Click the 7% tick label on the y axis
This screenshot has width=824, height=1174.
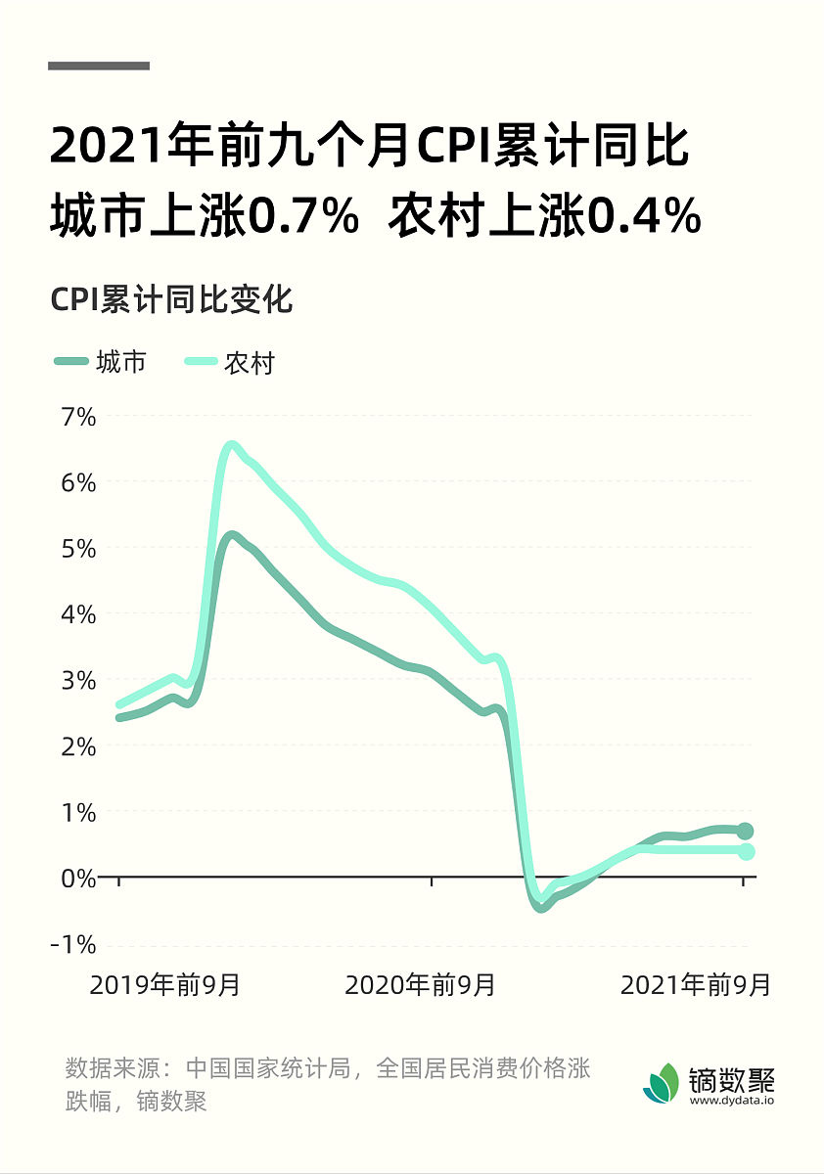pos(80,417)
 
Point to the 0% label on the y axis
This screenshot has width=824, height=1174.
pos(80,878)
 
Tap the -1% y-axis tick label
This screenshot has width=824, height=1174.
pos(76,944)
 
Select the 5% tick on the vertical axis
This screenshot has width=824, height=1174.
pos(80,549)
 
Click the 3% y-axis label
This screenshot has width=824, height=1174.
pos(80,680)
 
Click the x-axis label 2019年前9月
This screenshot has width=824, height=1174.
pos(164,984)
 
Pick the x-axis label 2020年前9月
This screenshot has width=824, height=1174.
pos(420,984)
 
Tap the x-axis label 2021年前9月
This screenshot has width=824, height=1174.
pos(695,984)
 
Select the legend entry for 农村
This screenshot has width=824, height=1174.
pos(230,363)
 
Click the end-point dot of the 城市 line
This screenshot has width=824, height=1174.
pos(745,831)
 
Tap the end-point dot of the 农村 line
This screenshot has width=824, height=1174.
pos(745,851)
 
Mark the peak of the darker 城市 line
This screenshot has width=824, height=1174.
pos(231,535)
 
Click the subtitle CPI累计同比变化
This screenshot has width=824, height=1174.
pos(171,299)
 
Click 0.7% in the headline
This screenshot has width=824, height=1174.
pos(301,217)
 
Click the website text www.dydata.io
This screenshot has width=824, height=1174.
pos(732,1102)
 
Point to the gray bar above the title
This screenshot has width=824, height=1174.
pos(99,66)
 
